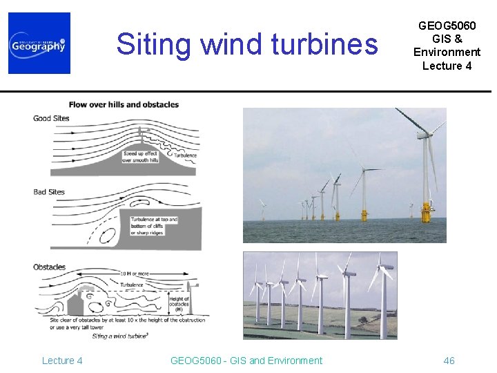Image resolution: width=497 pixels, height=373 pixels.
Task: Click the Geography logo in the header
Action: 39,43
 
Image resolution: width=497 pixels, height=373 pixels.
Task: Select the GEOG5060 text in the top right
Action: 447,26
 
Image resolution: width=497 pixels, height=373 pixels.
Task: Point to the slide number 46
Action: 449,361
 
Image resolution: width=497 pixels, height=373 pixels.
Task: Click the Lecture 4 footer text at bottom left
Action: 62,361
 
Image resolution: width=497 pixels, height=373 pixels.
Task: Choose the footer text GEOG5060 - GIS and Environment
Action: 246,361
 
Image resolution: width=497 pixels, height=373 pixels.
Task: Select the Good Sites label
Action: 51,118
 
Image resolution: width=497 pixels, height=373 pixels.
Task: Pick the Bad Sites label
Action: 49,192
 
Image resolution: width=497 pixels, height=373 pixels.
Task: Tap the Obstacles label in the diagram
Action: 49,267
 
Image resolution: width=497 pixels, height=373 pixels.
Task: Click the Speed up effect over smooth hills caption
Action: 140,157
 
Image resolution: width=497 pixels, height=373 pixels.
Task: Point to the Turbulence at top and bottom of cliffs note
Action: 154,226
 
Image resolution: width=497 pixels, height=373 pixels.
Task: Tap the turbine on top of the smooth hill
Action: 140,135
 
